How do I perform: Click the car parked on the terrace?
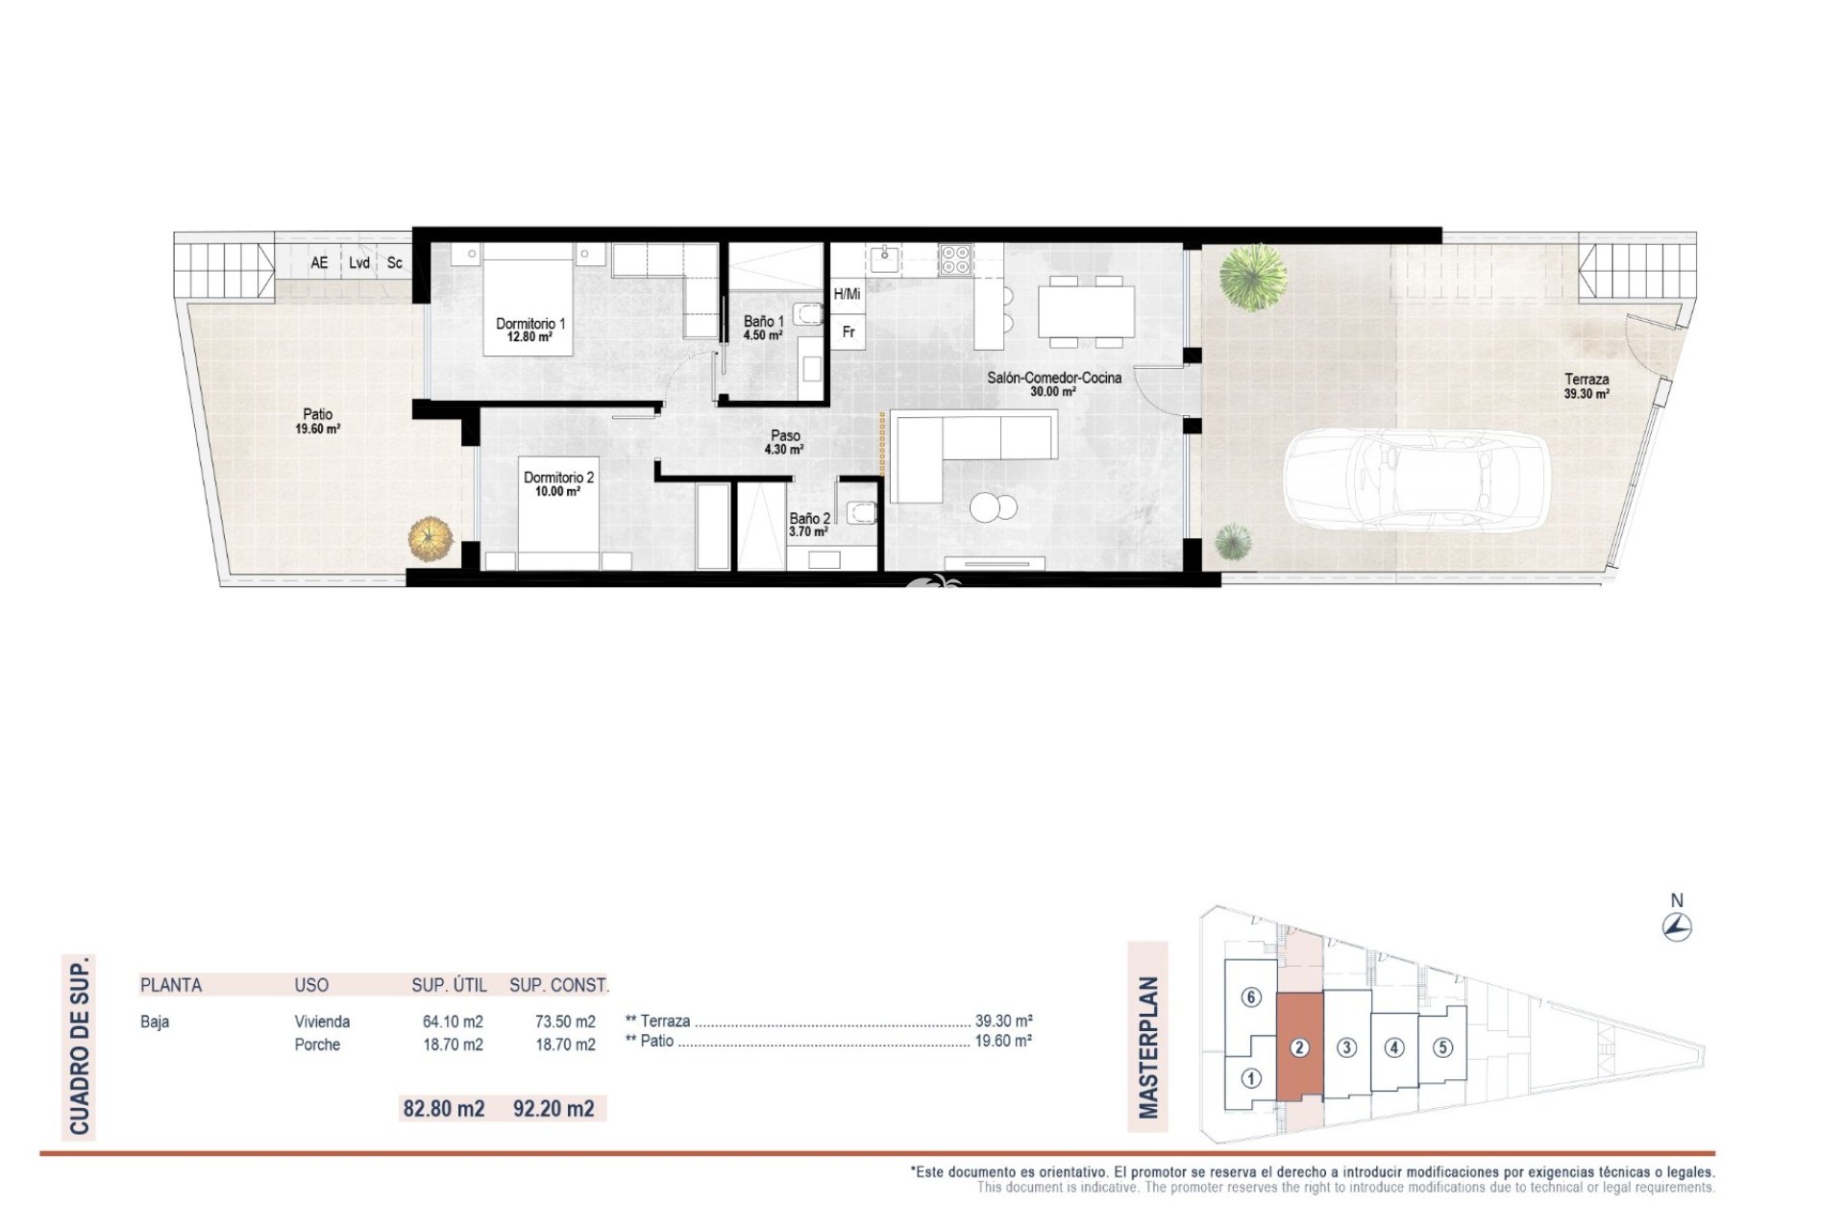1416,479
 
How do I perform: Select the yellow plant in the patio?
430,538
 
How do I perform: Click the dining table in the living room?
1086,311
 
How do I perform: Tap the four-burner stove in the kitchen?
955,259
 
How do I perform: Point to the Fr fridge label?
849,332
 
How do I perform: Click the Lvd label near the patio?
359,262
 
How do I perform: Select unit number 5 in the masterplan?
1442,1047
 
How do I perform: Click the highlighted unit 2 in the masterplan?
1299,1047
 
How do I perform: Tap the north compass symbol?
1677,926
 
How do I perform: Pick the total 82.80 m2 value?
444,1108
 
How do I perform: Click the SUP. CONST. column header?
559,985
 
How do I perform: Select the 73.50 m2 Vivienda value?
565,1021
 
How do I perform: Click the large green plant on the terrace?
1253,277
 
